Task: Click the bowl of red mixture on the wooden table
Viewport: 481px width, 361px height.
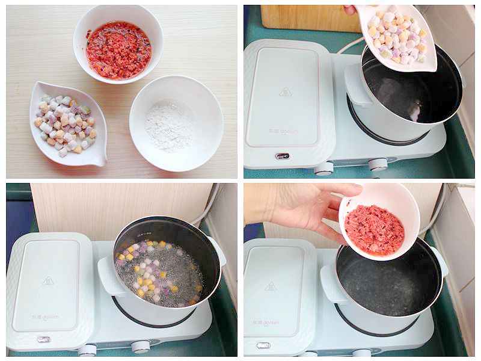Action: point(118,51)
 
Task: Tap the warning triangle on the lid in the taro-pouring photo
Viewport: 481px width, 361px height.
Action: point(286,92)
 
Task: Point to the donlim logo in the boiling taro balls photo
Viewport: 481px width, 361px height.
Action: point(46,316)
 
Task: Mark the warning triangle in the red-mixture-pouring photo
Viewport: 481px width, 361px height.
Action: point(271,286)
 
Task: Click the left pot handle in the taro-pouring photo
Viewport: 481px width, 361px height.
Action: point(357,85)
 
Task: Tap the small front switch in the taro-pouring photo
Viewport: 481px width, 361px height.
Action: point(282,156)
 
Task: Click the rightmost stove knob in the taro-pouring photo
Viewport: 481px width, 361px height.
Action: point(378,164)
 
